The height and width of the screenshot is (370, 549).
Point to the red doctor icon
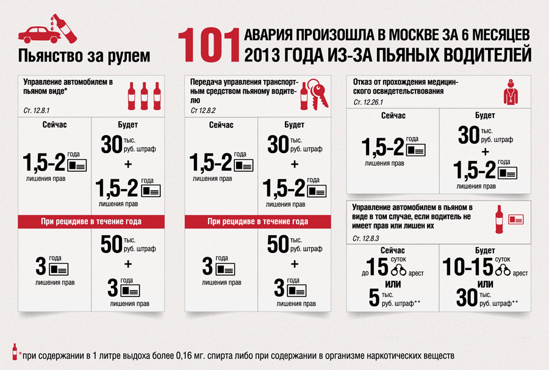pos(509,90)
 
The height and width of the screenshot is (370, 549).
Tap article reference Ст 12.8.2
pos(203,111)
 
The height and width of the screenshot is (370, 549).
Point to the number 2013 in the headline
pos(259,56)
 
